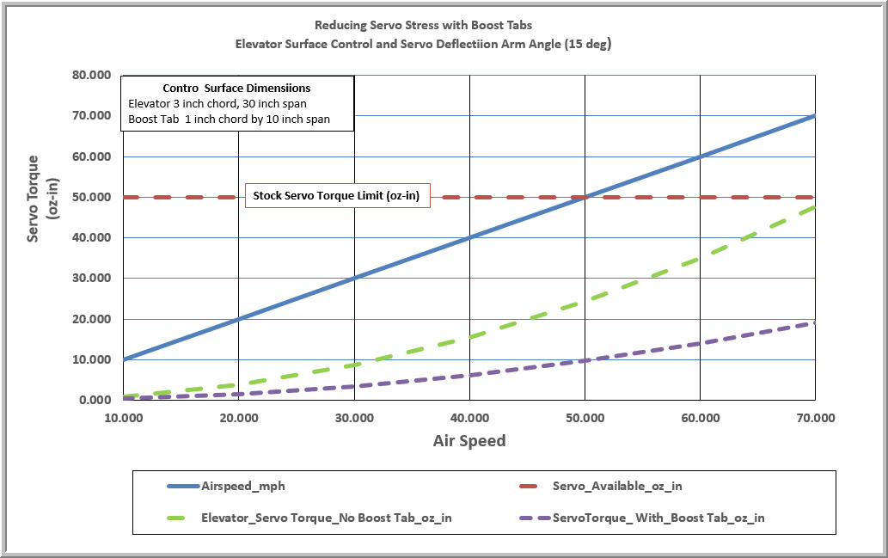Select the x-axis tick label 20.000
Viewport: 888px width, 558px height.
(239, 418)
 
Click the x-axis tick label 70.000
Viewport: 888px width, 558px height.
(815, 418)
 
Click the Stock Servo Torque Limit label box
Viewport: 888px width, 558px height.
(337, 196)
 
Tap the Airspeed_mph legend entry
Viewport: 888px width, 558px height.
(242, 486)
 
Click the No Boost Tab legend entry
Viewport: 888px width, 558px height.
(327, 518)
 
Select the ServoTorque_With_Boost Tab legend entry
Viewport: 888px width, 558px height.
(658, 518)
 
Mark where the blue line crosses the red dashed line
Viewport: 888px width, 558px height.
(585, 197)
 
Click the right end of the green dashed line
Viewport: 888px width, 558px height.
(813, 207)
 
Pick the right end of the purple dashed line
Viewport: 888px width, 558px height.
(813, 323)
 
